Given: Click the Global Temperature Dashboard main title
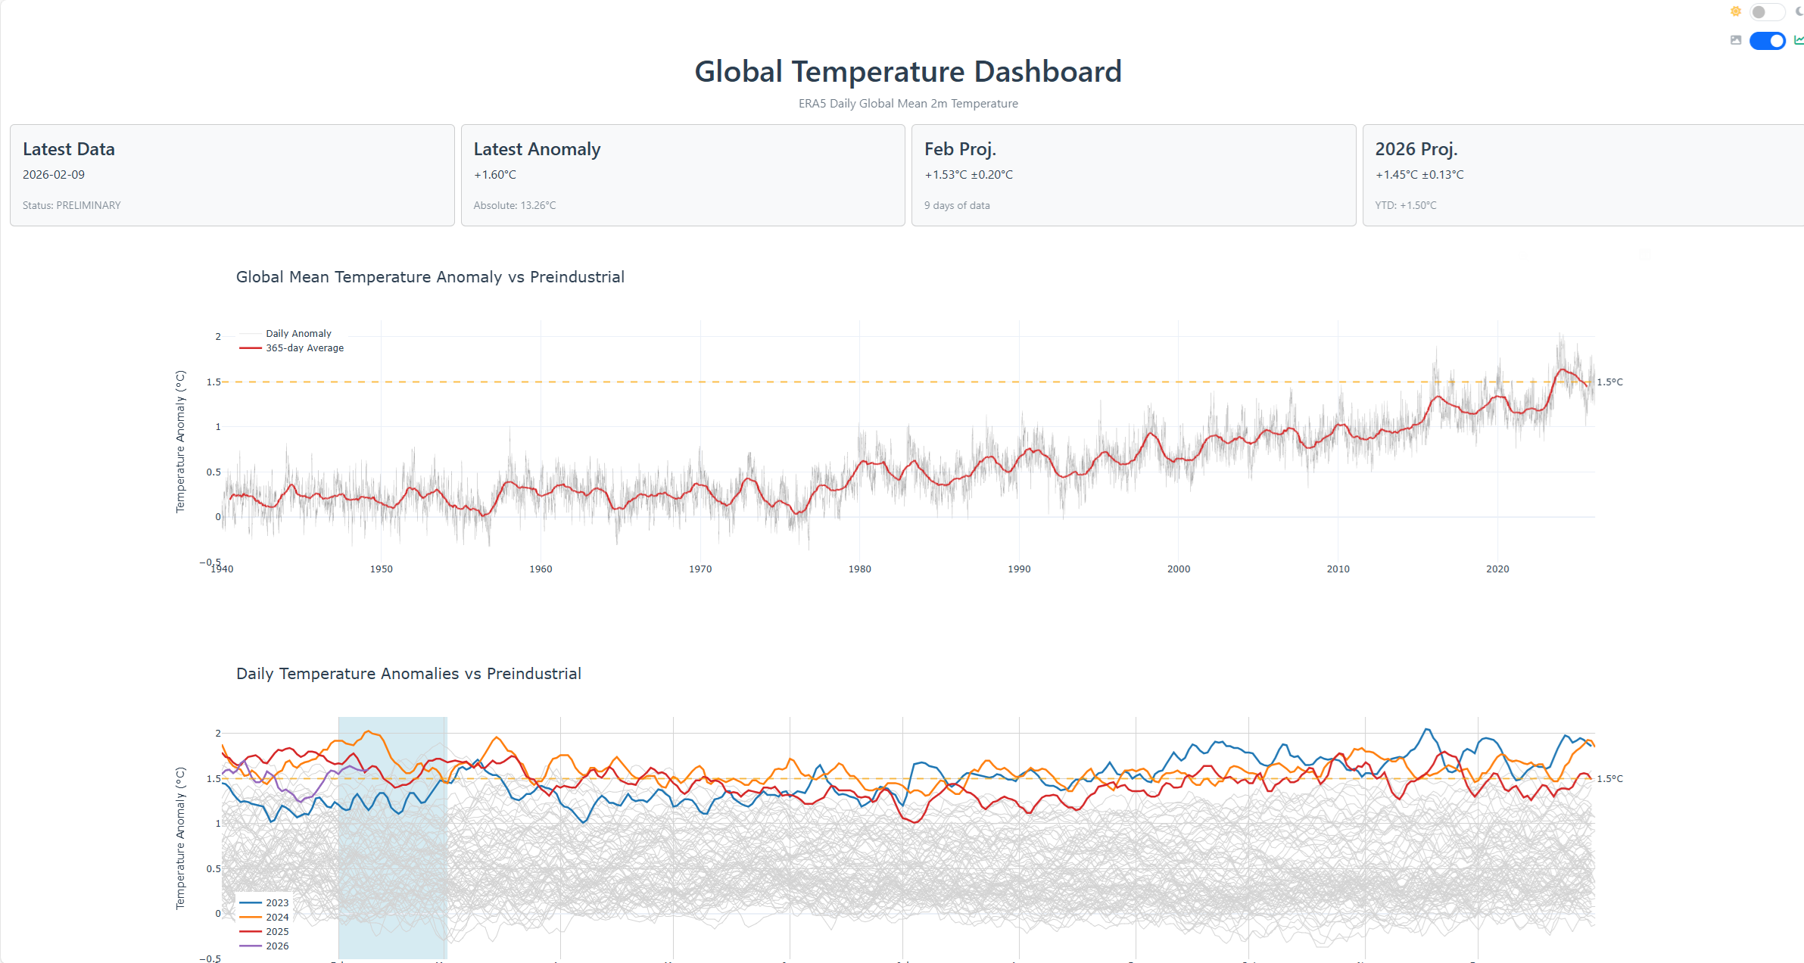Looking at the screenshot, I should [x=908, y=72].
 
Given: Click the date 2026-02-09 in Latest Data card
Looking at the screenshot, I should [x=54, y=175].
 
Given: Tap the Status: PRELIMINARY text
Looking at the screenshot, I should [x=71, y=205].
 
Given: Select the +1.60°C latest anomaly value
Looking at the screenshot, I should [x=495, y=175].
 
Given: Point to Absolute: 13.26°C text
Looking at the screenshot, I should [x=515, y=205].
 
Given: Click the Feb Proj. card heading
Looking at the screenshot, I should [x=960, y=149].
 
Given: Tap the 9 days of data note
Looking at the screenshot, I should [x=957, y=205].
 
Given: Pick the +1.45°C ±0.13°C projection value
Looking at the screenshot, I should [x=1419, y=175].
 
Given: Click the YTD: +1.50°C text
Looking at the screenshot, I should [x=1406, y=205].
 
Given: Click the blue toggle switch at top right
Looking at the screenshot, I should [x=1768, y=41].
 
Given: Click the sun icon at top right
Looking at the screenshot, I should [x=1736, y=11].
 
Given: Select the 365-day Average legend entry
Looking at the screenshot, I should [x=304, y=348].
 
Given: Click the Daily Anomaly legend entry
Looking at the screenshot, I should [x=298, y=334].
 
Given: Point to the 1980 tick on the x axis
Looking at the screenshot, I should [x=859, y=569].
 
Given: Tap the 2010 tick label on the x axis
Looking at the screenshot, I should [x=1338, y=569].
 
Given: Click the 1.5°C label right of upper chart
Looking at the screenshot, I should [x=1609, y=382].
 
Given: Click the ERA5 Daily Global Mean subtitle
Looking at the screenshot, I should [x=908, y=104].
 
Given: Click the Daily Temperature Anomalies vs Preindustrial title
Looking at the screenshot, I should [x=409, y=674].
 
